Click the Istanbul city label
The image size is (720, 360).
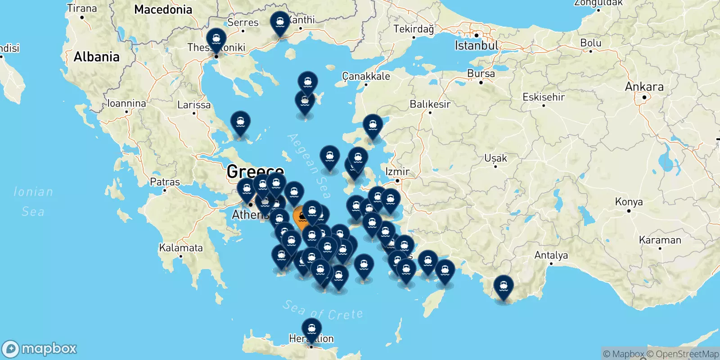pyautogui.click(x=476, y=45)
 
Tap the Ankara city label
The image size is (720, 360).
pyautogui.click(x=644, y=87)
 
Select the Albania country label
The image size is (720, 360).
pyautogui.click(x=96, y=57)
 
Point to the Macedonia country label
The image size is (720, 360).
pyautogui.click(x=163, y=9)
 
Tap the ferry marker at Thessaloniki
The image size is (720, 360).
pyautogui.click(x=216, y=40)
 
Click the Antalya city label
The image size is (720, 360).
pyautogui.click(x=551, y=256)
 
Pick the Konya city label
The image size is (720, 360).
pyautogui.click(x=629, y=202)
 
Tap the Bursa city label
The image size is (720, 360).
pyautogui.click(x=481, y=74)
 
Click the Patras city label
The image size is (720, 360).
pyautogui.click(x=165, y=182)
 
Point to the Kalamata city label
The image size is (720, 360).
pyautogui.click(x=181, y=248)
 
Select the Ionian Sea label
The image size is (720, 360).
pyautogui.click(x=33, y=202)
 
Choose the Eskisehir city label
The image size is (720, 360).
pyautogui.click(x=543, y=97)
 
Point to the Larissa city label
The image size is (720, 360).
pyautogui.click(x=194, y=105)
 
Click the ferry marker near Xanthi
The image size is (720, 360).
pyautogui.click(x=280, y=23)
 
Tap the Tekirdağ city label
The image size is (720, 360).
pyautogui.click(x=414, y=29)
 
